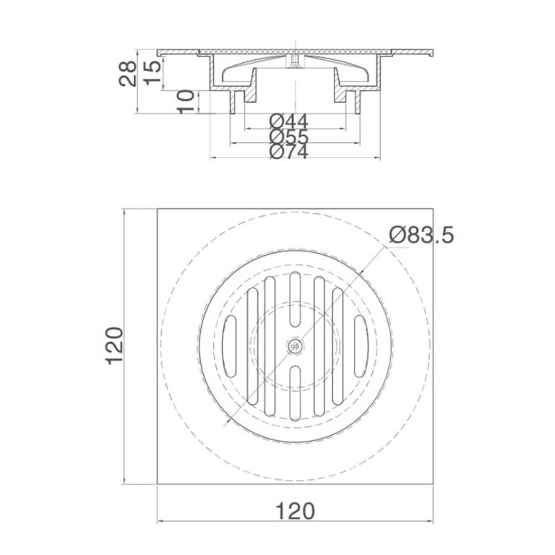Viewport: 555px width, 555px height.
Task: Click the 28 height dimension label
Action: coord(128,73)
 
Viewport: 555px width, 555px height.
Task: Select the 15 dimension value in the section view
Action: coord(152,69)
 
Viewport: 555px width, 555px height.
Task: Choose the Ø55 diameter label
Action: coord(288,138)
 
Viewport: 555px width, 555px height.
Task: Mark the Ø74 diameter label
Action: coord(288,152)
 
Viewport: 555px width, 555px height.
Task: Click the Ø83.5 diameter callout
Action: coord(421,235)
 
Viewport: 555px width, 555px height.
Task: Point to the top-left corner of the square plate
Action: coord(158,210)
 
